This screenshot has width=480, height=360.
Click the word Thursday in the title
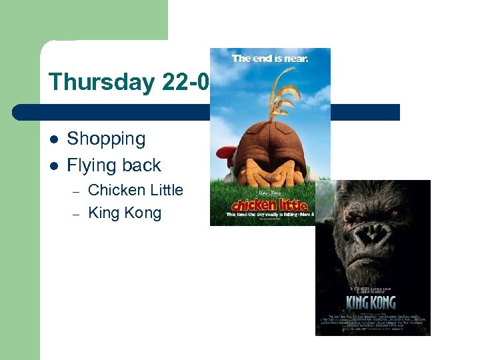coord(101,83)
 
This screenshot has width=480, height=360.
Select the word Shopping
coord(106,139)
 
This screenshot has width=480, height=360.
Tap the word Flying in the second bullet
coord(90,165)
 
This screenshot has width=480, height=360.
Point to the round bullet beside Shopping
coord(55,139)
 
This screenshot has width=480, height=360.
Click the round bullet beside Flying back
coord(55,165)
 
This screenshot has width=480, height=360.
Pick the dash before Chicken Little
coord(77,191)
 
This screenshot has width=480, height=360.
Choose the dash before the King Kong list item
coord(77,214)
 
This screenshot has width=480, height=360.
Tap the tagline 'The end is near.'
coord(270,58)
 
